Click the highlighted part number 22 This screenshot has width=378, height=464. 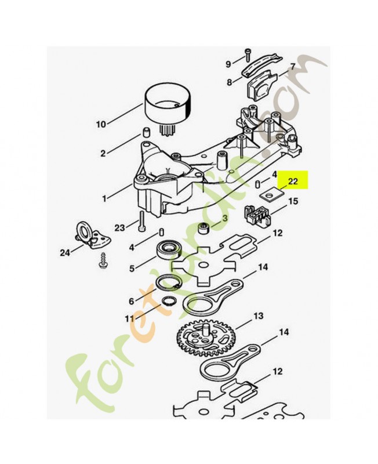coord(293,181)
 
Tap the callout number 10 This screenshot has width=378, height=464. coord(101,124)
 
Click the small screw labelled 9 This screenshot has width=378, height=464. coord(248,55)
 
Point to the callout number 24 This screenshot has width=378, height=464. coord(66,253)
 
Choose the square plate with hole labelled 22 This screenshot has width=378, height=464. coord(270,195)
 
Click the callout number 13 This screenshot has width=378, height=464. coord(258,316)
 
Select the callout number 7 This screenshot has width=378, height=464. coord(292,67)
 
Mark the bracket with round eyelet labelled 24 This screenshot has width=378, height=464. coord(92,236)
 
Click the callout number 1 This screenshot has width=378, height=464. coord(104,198)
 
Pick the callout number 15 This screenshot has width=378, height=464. coord(293,201)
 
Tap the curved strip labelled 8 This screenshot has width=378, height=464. coord(260,66)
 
